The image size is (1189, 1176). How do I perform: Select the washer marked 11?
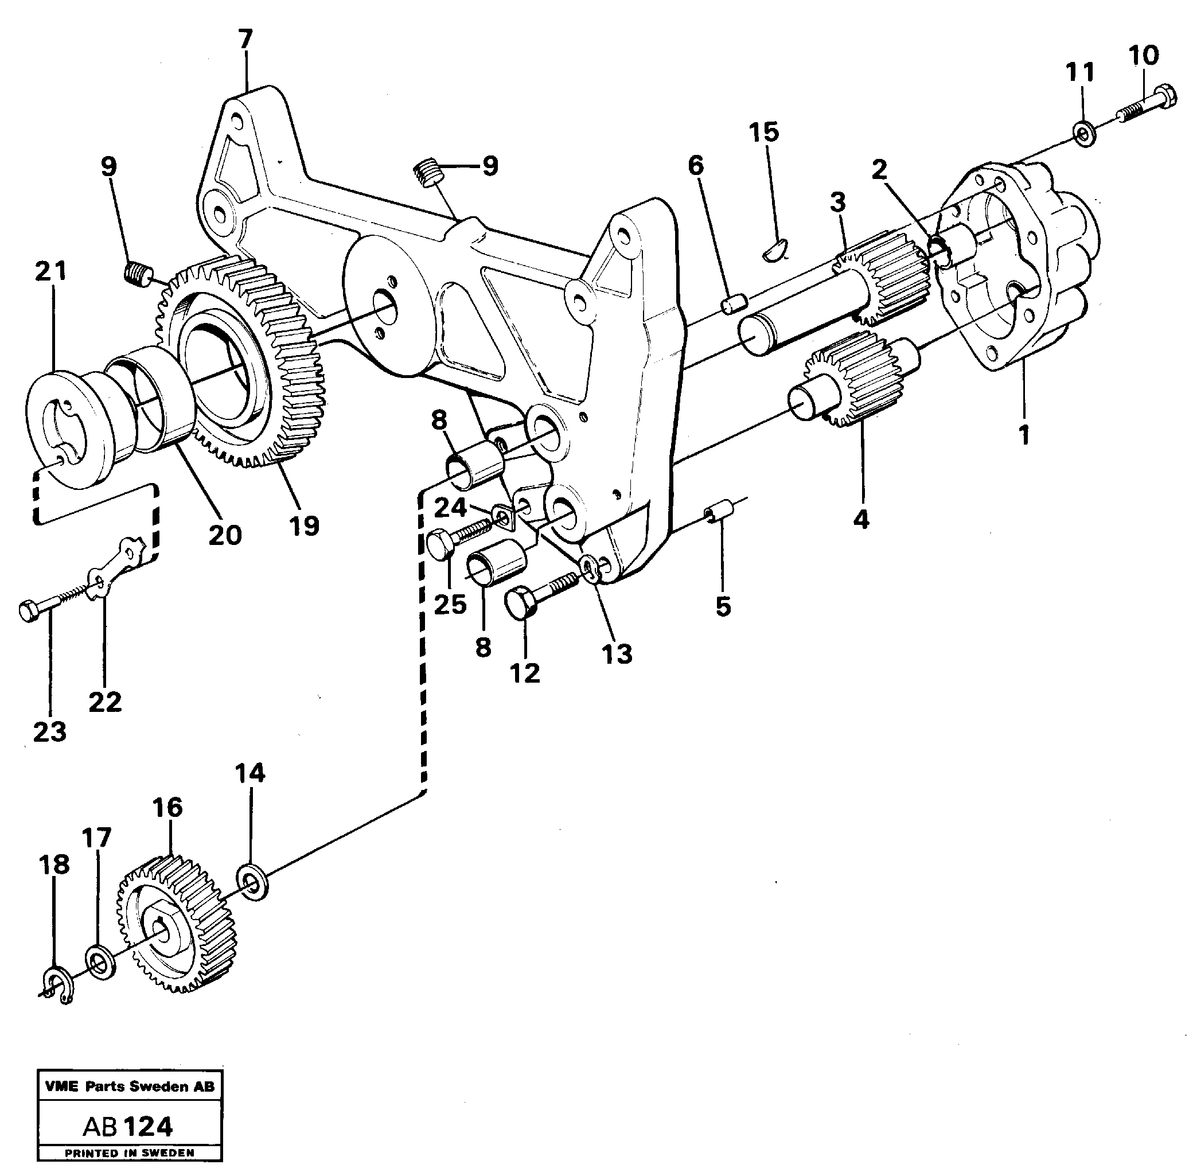(1085, 133)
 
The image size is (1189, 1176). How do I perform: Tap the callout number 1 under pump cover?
(1023, 435)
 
